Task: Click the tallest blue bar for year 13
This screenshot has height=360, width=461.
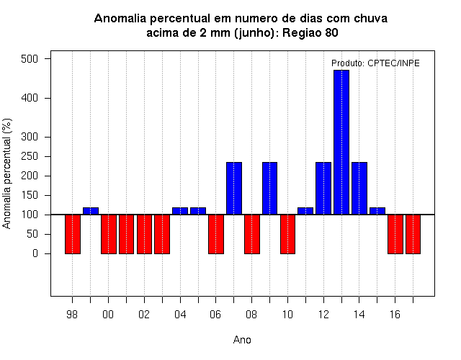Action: coord(341,143)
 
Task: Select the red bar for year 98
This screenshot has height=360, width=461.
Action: coord(73,234)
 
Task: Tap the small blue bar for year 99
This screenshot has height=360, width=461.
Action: coord(91,211)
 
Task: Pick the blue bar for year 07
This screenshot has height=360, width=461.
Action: coord(234,189)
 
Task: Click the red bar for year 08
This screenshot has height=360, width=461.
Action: coord(252,234)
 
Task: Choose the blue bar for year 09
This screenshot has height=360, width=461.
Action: coord(269,189)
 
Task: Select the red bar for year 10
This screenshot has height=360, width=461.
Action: coord(287,234)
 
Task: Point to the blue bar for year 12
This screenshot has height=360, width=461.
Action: coord(323,189)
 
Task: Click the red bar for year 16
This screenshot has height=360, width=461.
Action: coord(395,234)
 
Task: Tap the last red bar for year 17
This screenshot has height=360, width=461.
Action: coord(413,234)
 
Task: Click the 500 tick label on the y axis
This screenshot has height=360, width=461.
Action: coord(30,59)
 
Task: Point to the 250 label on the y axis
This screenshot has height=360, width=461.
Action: coord(30,156)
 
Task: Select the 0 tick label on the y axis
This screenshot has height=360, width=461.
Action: coord(35,253)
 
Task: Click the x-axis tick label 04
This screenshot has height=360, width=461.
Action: coord(180,315)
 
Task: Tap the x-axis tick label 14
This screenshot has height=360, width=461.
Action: coord(359,315)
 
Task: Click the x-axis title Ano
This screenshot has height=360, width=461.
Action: coord(242,340)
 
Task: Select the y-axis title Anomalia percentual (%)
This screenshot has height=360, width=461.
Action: coord(6,174)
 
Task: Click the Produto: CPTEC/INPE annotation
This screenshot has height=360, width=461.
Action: coord(375,63)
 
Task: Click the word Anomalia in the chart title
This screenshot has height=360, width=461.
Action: coord(120,19)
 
